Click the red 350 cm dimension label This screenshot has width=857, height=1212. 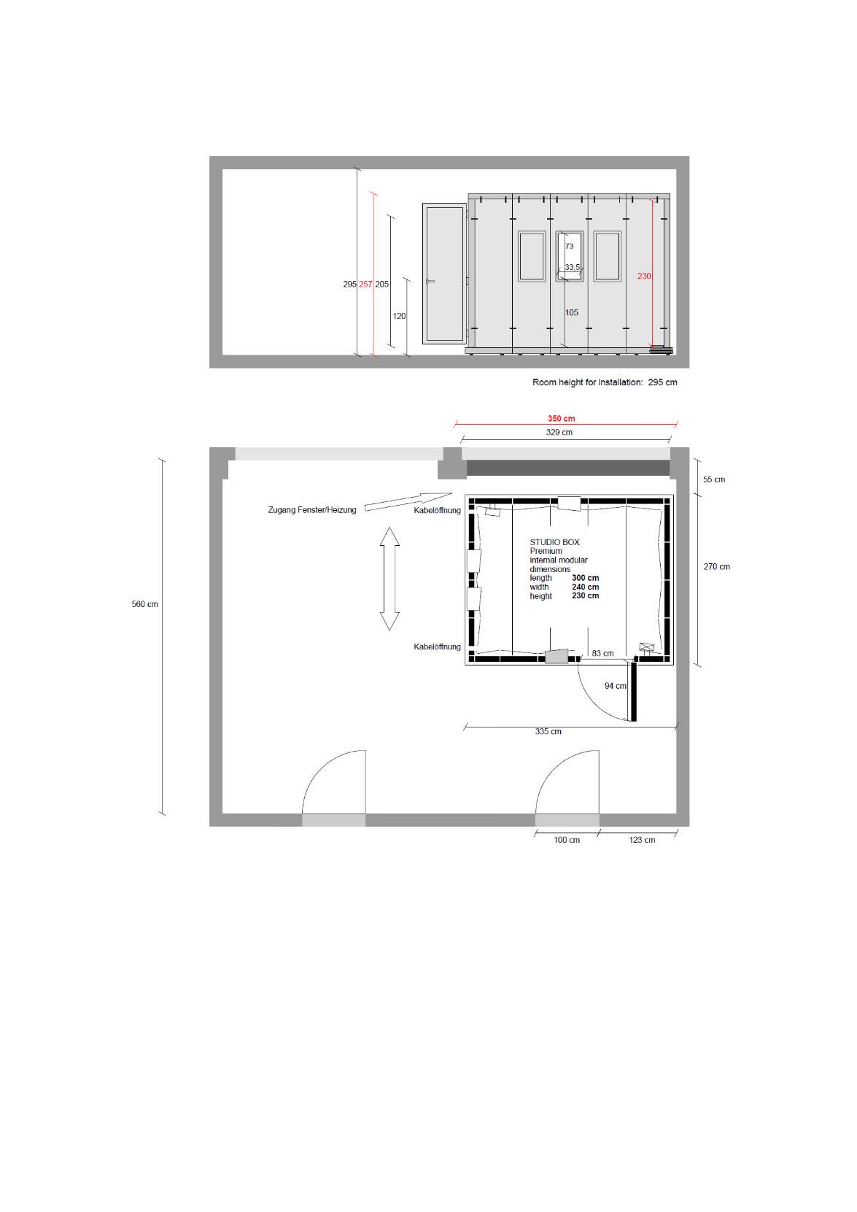tap(561, 418)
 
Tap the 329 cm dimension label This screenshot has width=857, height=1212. tap(559, 432)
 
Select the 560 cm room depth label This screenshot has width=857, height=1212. tap(145, 604)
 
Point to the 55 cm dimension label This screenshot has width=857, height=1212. tap(714, 479)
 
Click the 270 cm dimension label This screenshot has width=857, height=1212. tap(716, 566)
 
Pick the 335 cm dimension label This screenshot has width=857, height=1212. tap(548, 732)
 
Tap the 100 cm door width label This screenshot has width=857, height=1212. tap(567, 840)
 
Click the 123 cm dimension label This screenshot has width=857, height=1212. tap(642, 840)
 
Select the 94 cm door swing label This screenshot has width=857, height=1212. tap(616, 686)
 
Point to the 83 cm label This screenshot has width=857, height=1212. tap(602, 653)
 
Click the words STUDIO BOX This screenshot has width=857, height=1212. tap(554, 542)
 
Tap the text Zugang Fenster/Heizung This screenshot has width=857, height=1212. tap(312, 510)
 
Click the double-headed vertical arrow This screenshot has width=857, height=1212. tap(389, 579)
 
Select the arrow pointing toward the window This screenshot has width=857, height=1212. tap(408, 501)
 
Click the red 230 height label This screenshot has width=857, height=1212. tap(644, 276)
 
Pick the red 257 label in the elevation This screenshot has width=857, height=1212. tap(365, 284)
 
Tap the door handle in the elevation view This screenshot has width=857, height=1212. tap(430, 282)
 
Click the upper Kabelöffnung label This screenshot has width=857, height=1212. tap(438, 510)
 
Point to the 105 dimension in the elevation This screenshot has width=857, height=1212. tap(572, 312)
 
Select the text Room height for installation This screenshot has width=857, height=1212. tap(587, 382)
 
